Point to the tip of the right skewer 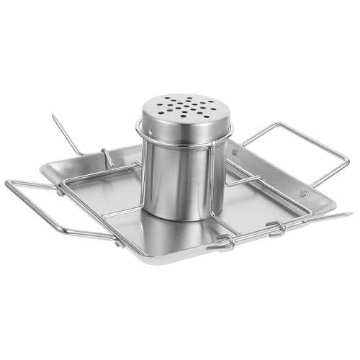[349, 215]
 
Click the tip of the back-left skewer [53, 116]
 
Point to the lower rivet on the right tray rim [303, 193]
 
